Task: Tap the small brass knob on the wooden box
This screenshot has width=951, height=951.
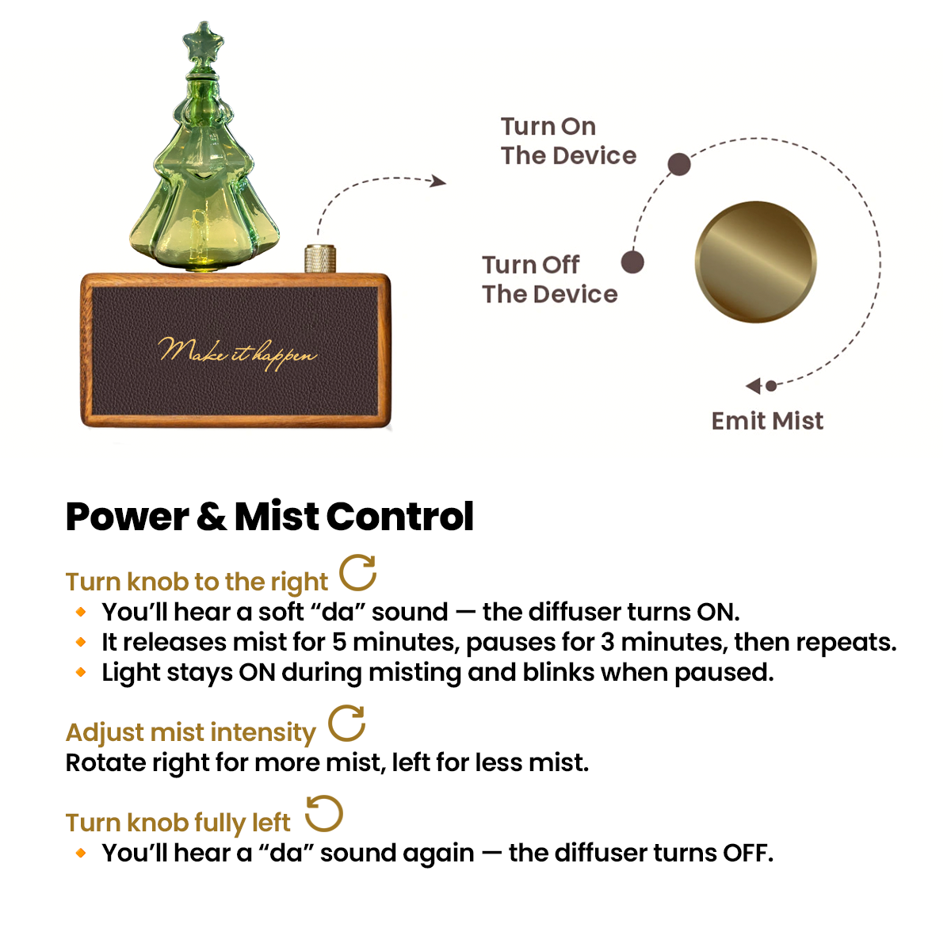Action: click(x=320, y=259)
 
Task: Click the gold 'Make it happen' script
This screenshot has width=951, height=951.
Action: click(x=238, y=351)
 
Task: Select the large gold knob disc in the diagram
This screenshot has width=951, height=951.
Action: click(x=755, y=262)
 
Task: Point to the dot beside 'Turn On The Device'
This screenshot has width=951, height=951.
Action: click(x=678, y=164)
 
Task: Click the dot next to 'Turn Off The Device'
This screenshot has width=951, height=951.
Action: click(x=632, y=262)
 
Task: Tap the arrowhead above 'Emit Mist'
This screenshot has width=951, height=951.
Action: click(x=754, y=386)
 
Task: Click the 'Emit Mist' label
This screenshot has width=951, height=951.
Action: click(x=767, y=421)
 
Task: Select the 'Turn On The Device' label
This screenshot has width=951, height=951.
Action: click(x=567, y=141)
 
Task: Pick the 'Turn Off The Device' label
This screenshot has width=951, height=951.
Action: click(x=549, y=279)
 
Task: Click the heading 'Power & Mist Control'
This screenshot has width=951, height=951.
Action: click(x=269, y=517)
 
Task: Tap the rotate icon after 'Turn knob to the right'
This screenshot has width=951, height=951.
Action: click(x=358, y=573)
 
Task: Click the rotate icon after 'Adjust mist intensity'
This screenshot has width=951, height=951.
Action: click(x=346, y=723)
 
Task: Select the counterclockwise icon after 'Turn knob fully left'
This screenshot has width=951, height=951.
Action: click(x=323, y=814)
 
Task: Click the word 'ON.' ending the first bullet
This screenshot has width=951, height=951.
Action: click(x=717, y=613)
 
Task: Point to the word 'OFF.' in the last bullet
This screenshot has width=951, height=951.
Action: click(x=747, y=854)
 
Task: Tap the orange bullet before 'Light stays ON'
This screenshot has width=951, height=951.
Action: click(x=81, y=673)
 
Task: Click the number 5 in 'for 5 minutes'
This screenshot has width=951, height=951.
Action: click(x=339, y=643)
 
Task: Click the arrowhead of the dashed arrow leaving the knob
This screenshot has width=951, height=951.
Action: click(x=438, y=181)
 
